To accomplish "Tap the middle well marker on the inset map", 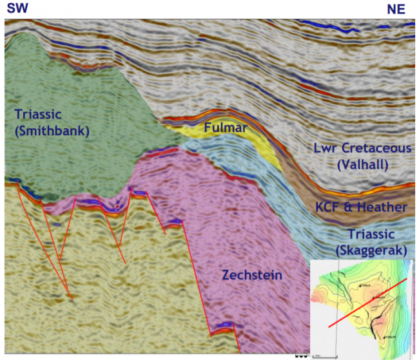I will coord(373,296).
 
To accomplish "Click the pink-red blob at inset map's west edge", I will coord(315,297).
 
